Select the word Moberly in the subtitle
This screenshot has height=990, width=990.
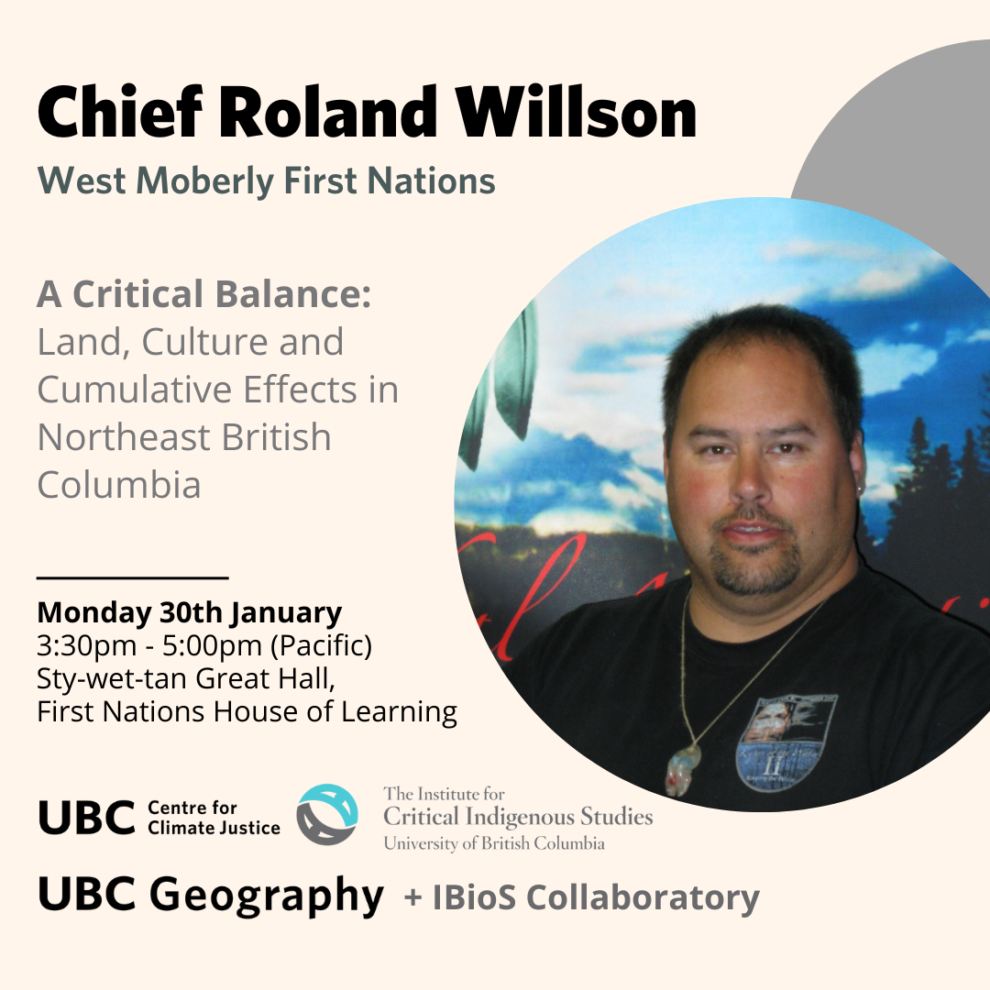pyautogui.click(x=204, y=181)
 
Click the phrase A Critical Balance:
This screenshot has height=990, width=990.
pyautogui.click(x=203, y=294)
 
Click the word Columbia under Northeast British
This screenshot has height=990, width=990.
pyautogui.click(x=119, y=485)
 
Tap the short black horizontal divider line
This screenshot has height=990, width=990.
pyautogui.click(x=133, y=577)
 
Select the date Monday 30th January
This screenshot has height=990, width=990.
pyautogui.click(x=190, y=612)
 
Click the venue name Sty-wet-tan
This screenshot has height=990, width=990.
pyautogui.click(x=111, y=679)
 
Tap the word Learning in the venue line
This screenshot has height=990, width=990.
pyautogui.click(x=399, y=712)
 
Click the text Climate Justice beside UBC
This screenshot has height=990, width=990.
pyautogui.click(x=214, y=828)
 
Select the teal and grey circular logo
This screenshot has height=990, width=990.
pyautogui.click(x=327, y=815)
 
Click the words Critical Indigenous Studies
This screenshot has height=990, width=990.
pyautogui.click(x=518, y=817)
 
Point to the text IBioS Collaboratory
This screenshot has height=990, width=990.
pyautogui.click(x=596, y=897)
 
